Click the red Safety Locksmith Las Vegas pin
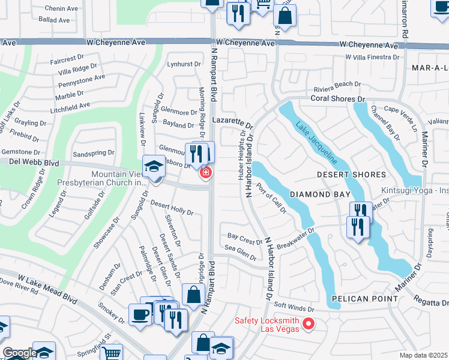pos(309,325)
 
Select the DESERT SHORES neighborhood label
pos(352,175)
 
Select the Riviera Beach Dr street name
pos(336,85)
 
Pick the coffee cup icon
pos(140,315)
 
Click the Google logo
pos(20,353)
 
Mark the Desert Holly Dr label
pos(172,208)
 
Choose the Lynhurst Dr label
pos(184,64)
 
